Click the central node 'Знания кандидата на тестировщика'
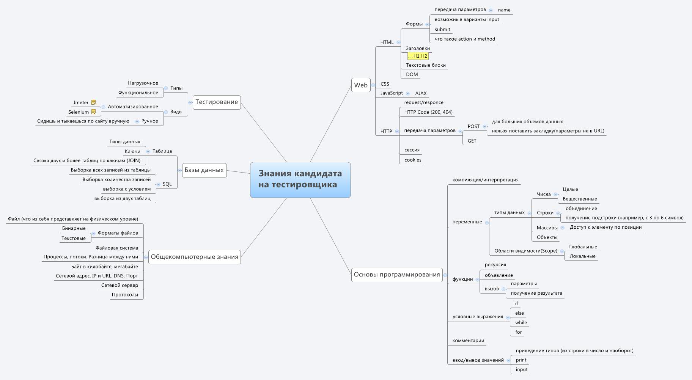(300, 180)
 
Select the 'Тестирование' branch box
(217, 102)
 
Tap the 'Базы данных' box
(204, 170)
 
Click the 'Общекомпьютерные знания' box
(194, 257)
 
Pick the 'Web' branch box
(361, 85)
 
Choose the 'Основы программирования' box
(397, 275)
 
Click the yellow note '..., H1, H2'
(418, 56)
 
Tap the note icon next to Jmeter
(94, 102)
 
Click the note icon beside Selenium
(94, 112)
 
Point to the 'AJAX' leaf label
(421, 93)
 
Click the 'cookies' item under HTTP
(413, 160)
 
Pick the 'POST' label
(473, 127)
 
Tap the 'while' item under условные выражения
(521, 323)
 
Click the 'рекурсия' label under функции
(495, 265)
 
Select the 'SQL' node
(167, 184)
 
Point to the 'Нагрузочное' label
(143, 83)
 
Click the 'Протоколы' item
(125, 295)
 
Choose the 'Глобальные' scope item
(583, 247)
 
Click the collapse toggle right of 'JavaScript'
(407, 93)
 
